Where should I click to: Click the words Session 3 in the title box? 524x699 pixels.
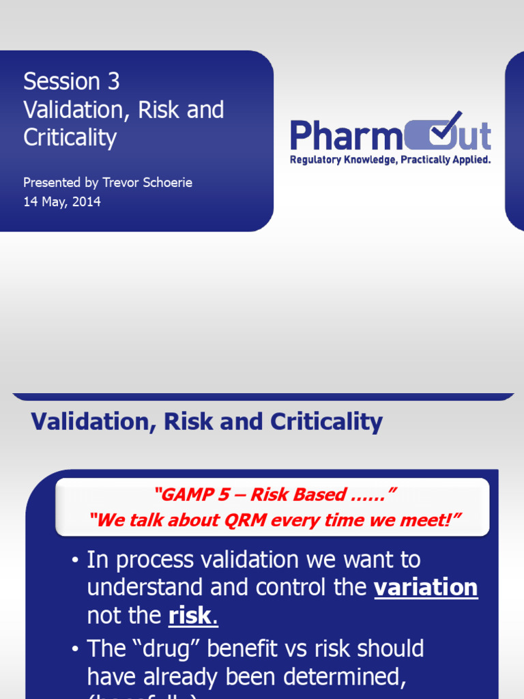[71, 81]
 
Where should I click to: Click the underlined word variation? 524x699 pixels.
[426, 588]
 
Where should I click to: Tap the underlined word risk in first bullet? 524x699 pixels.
[191, 616]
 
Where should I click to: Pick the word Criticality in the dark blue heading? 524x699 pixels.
[326, 421]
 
